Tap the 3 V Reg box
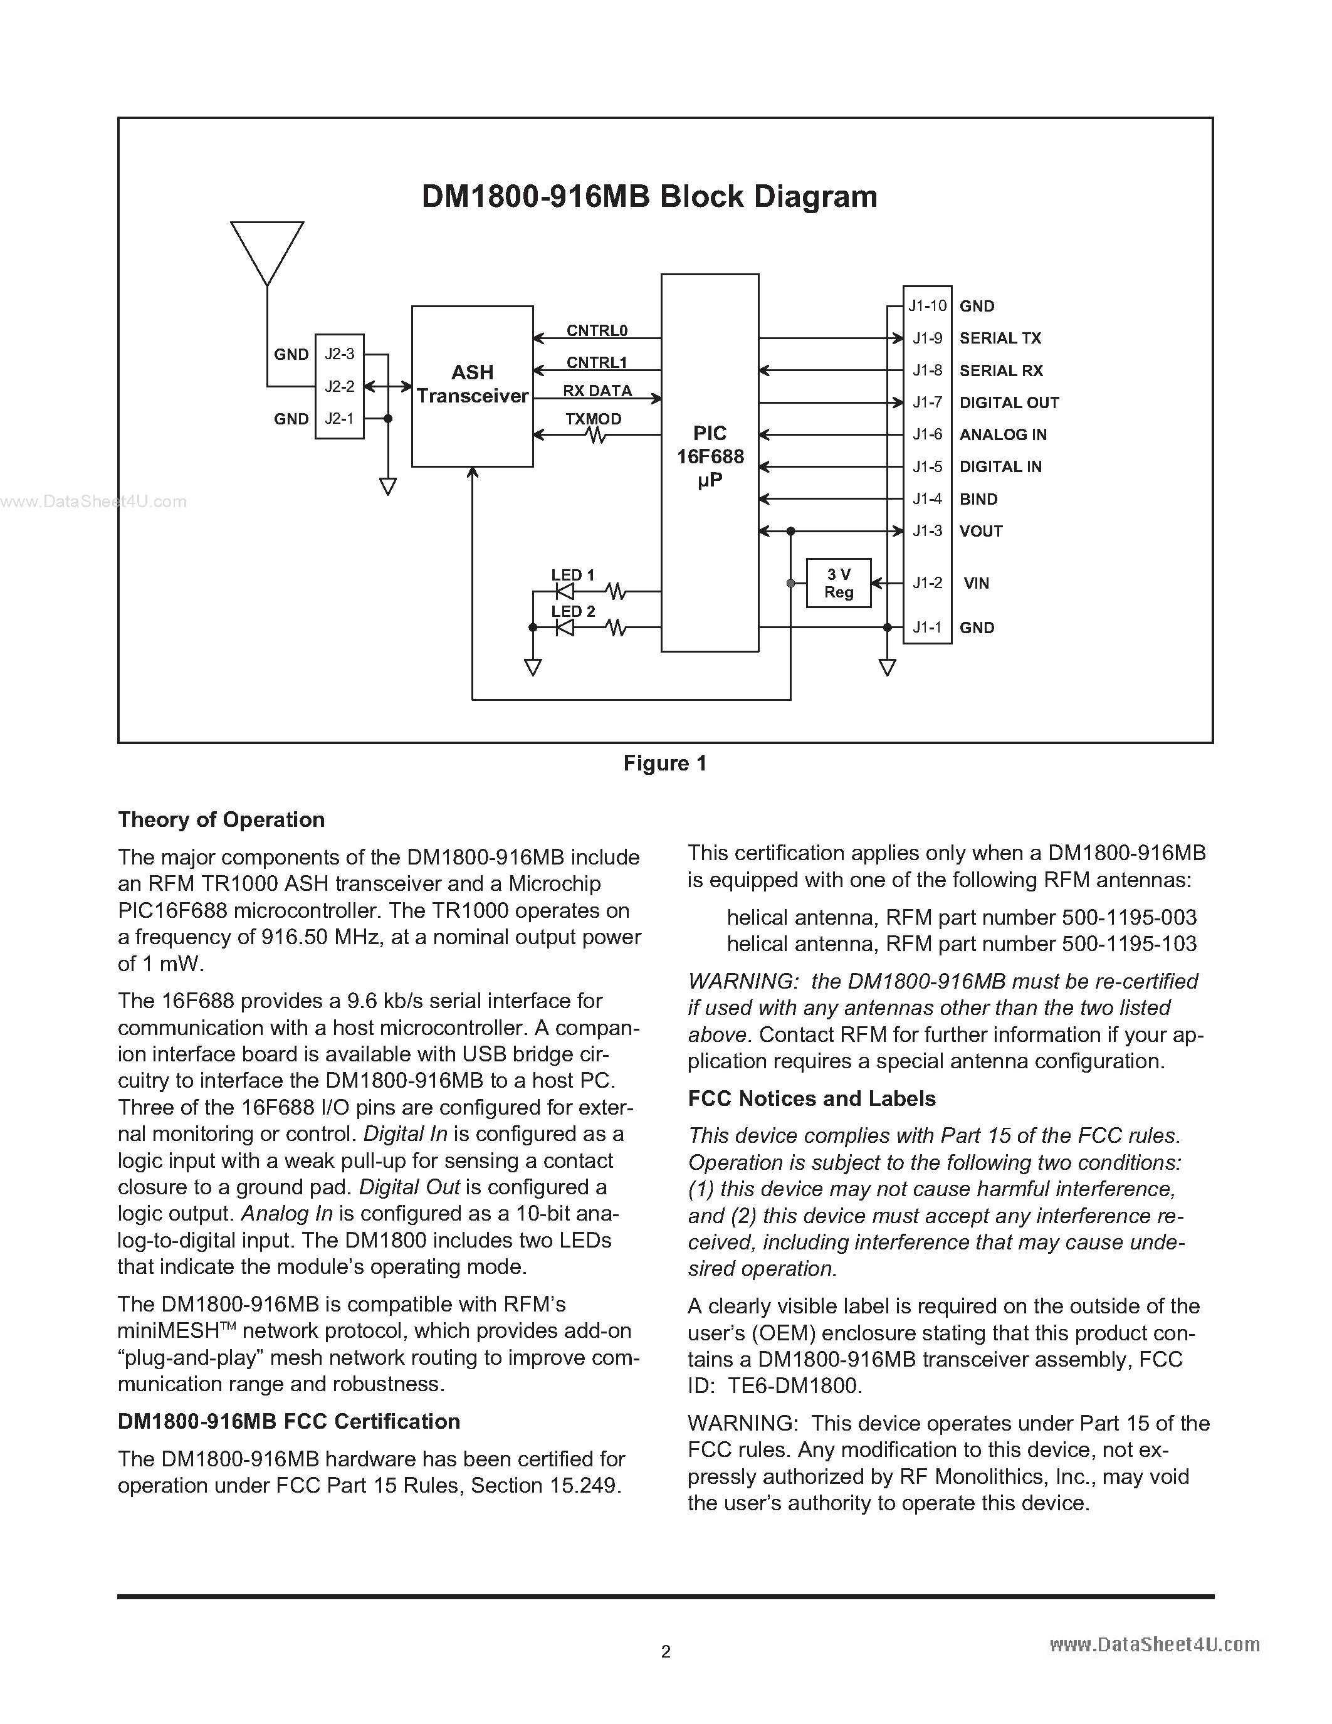click(838, 584)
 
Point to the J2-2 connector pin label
click(339, 387)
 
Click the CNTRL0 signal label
click(597, 331)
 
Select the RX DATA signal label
click(597, 391)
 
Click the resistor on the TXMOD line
click(597, 435)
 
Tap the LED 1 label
click(573, 576)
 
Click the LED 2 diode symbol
click(564, 628)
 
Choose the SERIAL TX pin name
click(1000, 338)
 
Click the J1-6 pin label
click(927, 434)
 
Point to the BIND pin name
click(978, 499)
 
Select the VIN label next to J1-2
click(976, 584)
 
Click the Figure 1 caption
click(664, 764)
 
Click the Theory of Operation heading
click(221, 819)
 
